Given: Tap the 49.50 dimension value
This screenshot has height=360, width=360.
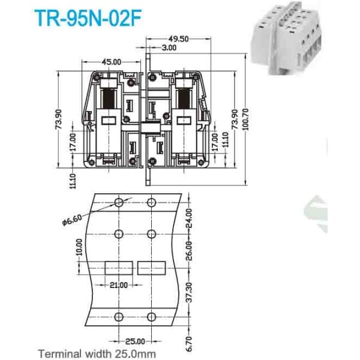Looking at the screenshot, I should [178, 38].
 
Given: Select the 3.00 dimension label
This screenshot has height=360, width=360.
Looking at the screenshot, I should [168, 47].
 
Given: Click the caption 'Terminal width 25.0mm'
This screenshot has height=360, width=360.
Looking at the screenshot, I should [97, 353].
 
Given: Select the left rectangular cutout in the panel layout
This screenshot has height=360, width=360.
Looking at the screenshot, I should [118, 268].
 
